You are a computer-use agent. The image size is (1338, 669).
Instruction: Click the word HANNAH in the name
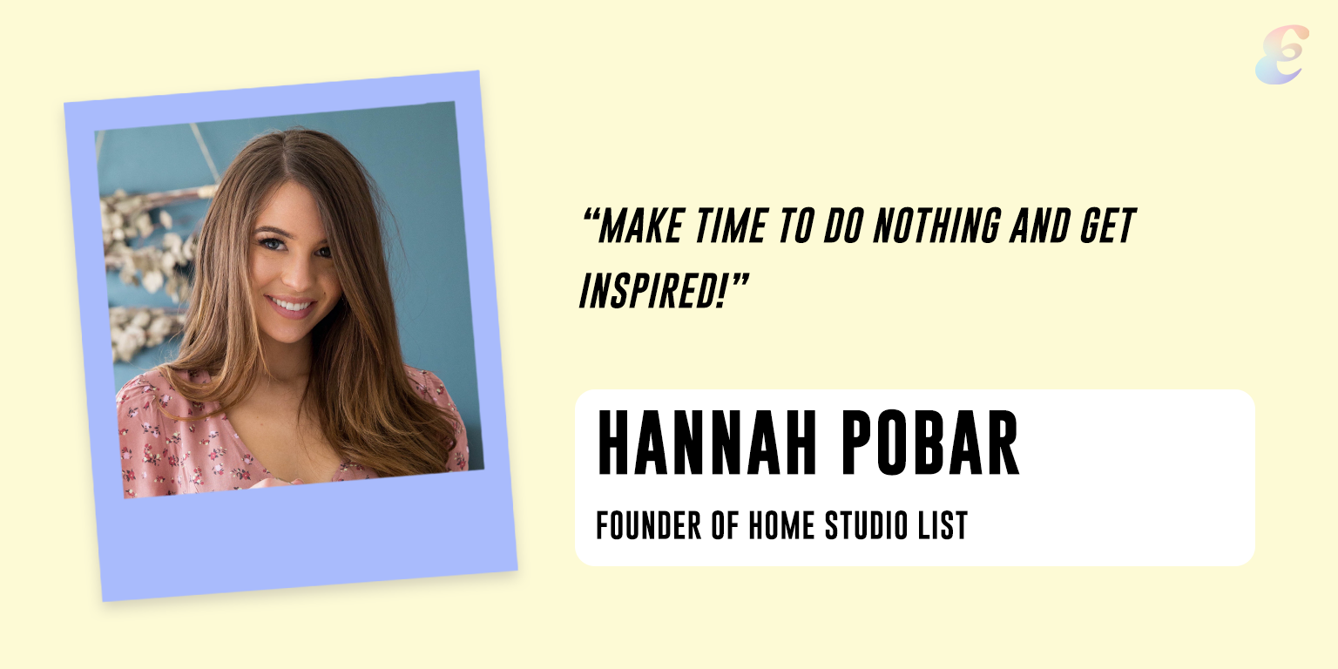tap(707, 443)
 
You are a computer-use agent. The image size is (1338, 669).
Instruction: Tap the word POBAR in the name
tap(932, 443)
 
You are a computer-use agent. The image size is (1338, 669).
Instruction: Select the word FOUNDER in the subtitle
tap(649, 525)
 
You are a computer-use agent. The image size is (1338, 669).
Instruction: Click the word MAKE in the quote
tap(641, 226)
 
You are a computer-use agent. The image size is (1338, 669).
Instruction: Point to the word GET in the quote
tap(1108, 226)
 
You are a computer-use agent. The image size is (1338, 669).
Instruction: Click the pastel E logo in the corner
tap(1282, 54)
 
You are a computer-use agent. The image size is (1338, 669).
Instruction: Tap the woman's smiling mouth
tap(291, 306)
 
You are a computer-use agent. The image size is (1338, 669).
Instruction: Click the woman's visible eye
tap(272, 244)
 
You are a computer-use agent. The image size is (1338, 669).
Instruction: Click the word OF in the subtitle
tap(725, 525)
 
